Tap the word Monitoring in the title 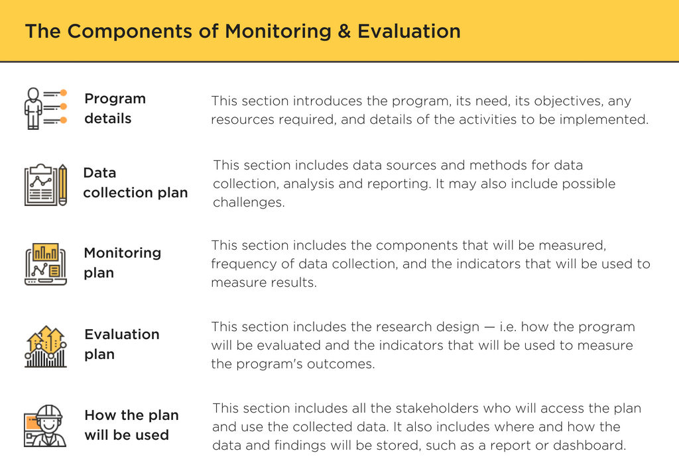277,31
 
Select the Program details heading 115,109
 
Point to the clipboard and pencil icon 45,184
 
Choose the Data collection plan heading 135,183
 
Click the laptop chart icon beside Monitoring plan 45,264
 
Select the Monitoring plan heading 122,263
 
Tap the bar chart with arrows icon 45,346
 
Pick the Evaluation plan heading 122,344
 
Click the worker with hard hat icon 45,426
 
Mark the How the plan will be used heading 131,425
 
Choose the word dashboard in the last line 589,445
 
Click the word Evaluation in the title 409,31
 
